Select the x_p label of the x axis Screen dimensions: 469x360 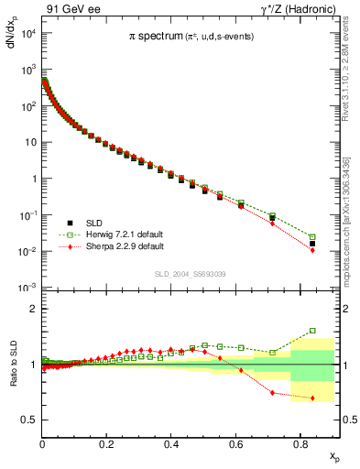click(x=334, y=455)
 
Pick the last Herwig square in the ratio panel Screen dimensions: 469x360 click(x=312, y=331)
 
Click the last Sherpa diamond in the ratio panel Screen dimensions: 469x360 click(x=312, y=398)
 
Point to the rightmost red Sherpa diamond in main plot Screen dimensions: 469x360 click(x=312, y=251)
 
